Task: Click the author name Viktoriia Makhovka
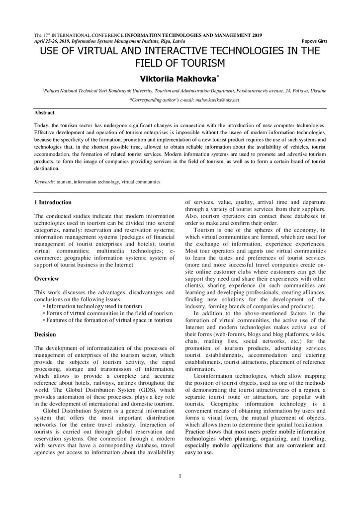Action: click(x=177, y=79)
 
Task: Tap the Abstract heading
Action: click(x=44, y=113)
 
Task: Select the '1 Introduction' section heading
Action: click(x=53, y=202)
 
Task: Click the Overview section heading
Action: click(x=46, y=278)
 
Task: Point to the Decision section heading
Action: click(x=45, y=335)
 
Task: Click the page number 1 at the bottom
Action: click(x=180, y=476)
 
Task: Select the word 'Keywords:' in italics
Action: click(x=45, y=182)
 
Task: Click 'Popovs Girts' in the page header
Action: click(x=314, y=41)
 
